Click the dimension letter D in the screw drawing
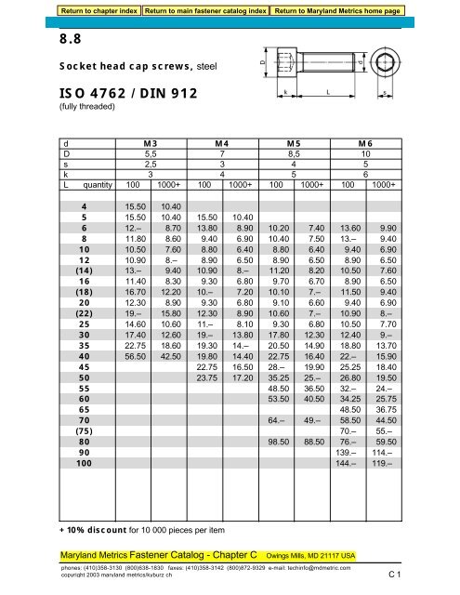(x=262, y=63)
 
